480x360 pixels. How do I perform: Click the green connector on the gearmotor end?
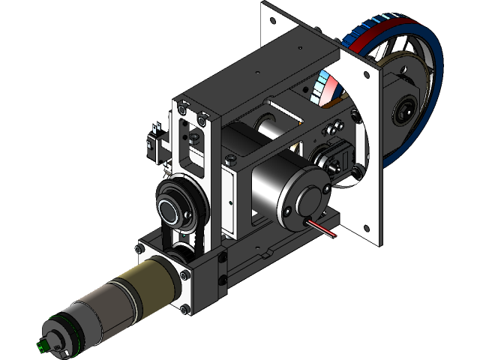(42, 346)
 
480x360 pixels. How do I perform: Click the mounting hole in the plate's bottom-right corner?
(365, 226)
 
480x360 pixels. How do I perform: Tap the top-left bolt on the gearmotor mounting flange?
(139, 248)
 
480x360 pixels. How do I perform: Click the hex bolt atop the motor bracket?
(229, 160)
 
